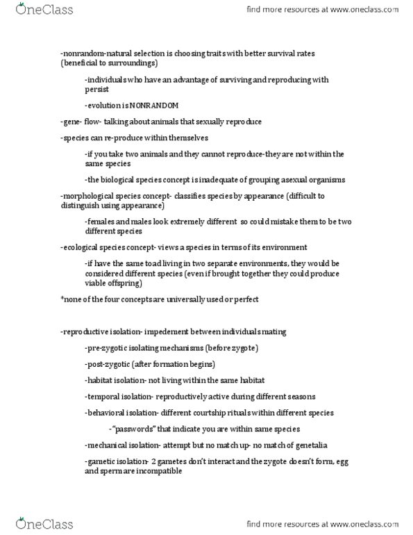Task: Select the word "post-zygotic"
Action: pyautogui.click(x=108, y=364)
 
